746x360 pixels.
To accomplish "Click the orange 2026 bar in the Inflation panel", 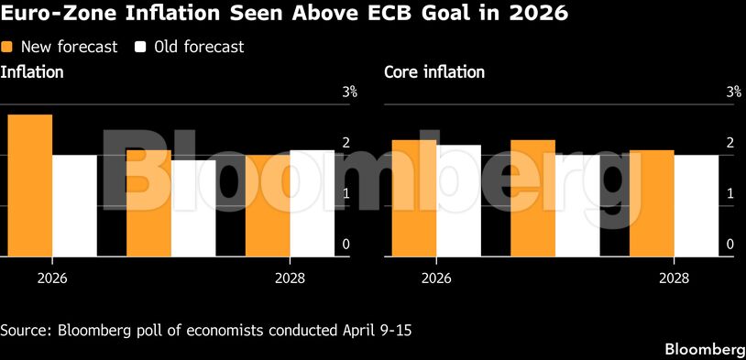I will [x=29, y=186].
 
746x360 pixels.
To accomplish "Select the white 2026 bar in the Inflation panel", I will [x=74, y=206].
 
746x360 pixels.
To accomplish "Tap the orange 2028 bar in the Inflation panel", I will [x=267, y=206].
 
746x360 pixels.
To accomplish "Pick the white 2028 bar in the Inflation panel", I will [x=313, y=203].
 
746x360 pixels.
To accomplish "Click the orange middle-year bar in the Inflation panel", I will [x=148, y=203].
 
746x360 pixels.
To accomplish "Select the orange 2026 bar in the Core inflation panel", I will [x=413, y=198].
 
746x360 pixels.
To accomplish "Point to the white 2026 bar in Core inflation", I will [x=458, y=201].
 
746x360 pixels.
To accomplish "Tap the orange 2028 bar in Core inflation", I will [x=652, y=203].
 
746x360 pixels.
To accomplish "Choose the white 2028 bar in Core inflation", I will [x=697, y=206].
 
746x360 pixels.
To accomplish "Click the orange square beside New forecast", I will [x=7, y=47].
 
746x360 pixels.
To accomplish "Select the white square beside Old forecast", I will [x=141, y=47].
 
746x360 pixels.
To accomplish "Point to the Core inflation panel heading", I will [x=433, y=72].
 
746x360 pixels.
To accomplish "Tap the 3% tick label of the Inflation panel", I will [x=350, y=92].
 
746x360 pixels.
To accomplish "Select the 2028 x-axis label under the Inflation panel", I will [x=290, y=279].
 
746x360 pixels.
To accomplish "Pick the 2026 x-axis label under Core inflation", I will [x=435, y=279].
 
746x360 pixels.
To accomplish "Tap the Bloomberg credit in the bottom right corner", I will [x=704, y=350].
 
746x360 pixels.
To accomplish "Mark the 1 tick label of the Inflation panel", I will [x=346, y=193].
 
